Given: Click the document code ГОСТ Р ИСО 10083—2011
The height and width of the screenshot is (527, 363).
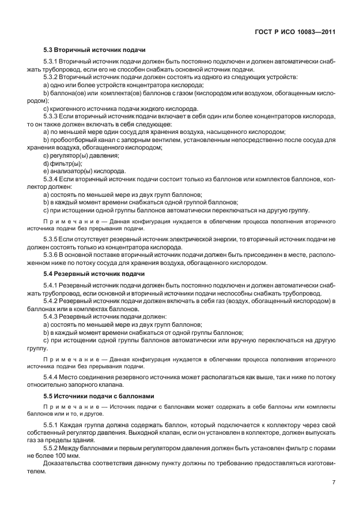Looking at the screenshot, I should point(296,32).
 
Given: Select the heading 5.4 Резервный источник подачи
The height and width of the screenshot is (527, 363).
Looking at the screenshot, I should point(94,273).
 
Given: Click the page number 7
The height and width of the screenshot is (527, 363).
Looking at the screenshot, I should point(334,482).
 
